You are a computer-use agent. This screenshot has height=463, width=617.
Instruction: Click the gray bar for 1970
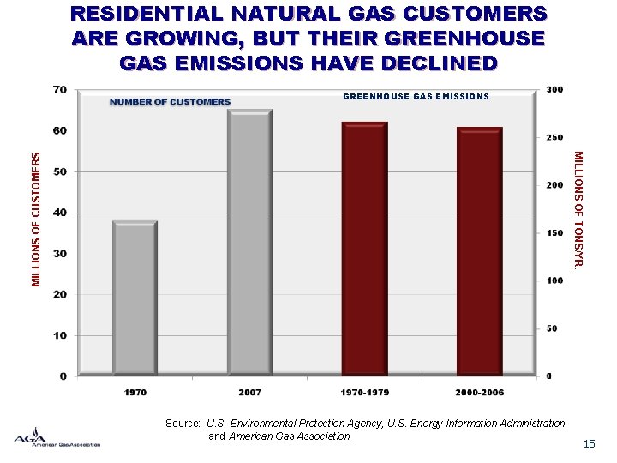coord(135,298)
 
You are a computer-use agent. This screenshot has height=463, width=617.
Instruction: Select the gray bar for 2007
coord(249,243)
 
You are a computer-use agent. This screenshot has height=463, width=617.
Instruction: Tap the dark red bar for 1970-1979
coord(364,249)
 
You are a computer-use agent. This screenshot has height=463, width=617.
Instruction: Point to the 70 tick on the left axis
coord(60,89)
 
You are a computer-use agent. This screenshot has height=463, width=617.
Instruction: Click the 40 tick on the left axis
coord(60,213)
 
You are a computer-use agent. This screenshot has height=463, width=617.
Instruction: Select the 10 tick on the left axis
coord(60,335)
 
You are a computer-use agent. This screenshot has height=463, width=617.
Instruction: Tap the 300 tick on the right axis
coord(554,89)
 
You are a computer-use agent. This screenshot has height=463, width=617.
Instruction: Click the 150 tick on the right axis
coord(554,232)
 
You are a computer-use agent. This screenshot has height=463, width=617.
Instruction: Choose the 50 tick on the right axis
coord(552,328)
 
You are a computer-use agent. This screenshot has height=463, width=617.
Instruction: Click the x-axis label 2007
coord(249,393)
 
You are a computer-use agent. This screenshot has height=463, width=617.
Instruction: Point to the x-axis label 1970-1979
coord(364,393)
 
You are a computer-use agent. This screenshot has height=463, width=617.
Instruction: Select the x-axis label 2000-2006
coord(479,393)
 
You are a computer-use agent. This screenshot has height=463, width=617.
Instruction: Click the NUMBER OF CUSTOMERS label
coord(170,102)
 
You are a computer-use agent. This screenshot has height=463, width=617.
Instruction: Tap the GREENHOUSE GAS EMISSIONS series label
coord(416,97)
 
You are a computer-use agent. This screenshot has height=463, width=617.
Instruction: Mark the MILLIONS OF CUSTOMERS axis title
coord(36,219)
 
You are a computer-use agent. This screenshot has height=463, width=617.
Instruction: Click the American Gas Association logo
coord(57,437)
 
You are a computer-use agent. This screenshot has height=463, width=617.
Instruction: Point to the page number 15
coord(589,443)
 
